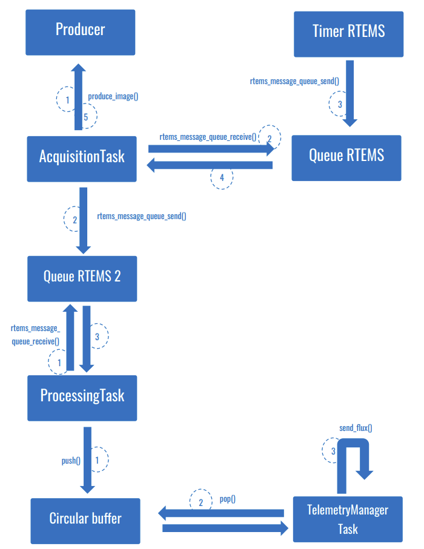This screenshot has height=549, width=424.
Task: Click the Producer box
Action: coord(80,31)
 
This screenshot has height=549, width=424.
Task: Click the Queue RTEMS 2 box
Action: coord(82,278)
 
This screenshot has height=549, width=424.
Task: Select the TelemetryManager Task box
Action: coord(348,519)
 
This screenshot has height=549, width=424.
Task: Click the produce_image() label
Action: coord(113,96)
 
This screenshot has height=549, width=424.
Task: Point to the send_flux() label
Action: coord(356,428)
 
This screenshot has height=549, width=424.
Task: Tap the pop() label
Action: coord(227,499)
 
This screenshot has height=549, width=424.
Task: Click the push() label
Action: coord(71,461)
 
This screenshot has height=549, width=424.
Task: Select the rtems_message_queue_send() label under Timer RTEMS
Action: coord(294,81)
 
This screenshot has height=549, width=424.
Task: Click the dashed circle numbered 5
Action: coord(86,117)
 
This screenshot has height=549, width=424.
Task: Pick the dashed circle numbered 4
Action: coord(222,178)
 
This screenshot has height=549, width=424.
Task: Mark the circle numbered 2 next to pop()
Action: coord(200,502)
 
